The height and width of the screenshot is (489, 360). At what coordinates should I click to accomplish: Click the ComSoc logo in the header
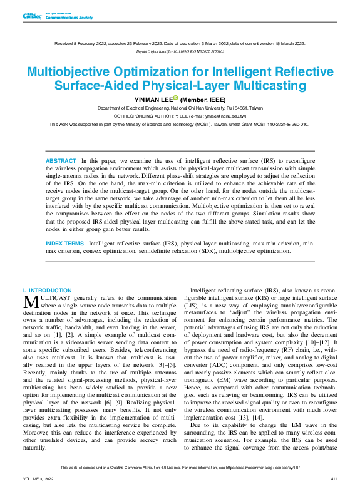(x=31, y=16)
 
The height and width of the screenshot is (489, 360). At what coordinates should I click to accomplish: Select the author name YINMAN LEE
(x=153, y=99)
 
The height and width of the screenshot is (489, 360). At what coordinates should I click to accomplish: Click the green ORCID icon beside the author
(x=176, y=98)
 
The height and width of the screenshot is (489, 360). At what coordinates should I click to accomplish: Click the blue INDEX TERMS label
(x=66, y=242)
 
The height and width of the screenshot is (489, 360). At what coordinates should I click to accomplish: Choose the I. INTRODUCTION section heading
(x=47, y=291)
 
